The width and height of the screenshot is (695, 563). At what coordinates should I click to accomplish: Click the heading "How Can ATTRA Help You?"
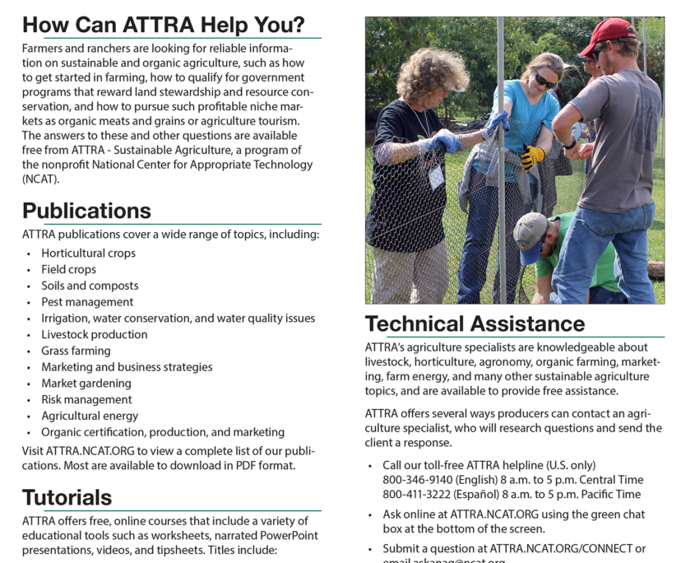coord(163,25)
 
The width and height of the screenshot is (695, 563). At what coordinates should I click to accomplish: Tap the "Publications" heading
coord(86,211)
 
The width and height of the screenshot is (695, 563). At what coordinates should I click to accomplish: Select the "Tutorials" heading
coord(67,497)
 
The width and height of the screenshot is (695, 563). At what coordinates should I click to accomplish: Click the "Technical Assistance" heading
coord(475,323)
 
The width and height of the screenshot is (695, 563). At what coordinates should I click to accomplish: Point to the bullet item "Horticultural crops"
coord(88,254)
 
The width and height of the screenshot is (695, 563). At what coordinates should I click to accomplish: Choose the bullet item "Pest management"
coord(87,302)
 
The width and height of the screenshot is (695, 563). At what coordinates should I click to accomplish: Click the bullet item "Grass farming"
coord(76,351)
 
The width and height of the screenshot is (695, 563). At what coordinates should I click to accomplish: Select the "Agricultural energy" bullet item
coord(90,416)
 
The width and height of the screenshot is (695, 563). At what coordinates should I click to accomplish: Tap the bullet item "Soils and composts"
coord(90,286)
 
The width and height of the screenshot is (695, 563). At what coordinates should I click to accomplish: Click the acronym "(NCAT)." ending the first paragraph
coord(41,179)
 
